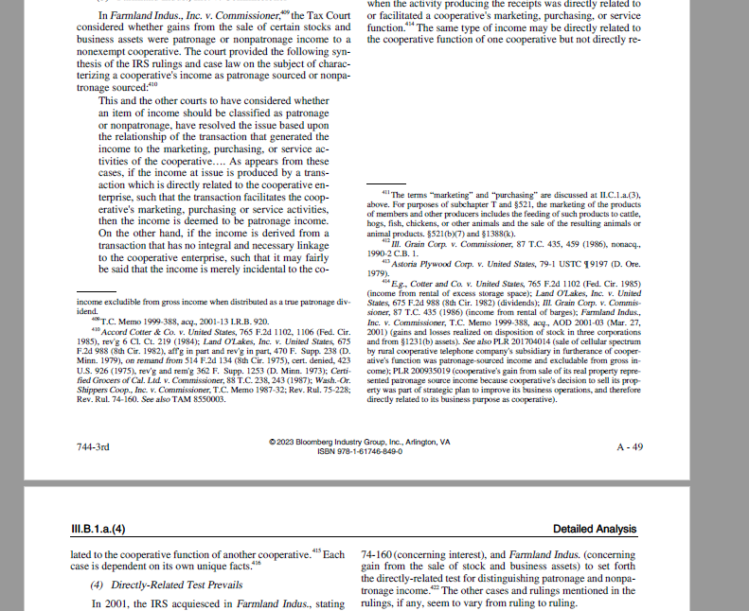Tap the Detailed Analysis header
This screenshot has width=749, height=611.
[595, 529]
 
